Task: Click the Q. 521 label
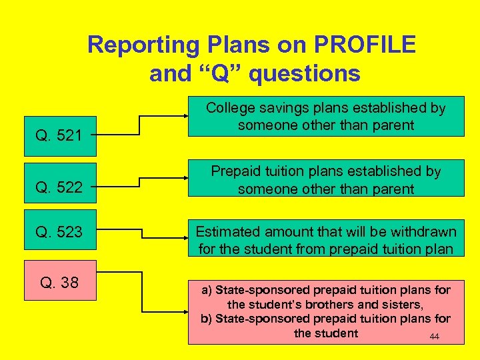pyautogui.click(x=59, y=136)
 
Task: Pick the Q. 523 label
pyautogui.click(x=59, y=232)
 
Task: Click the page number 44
pyautogui.click(x=434, y=337)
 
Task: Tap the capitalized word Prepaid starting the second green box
pyautogui.click(x=235, y=171)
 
